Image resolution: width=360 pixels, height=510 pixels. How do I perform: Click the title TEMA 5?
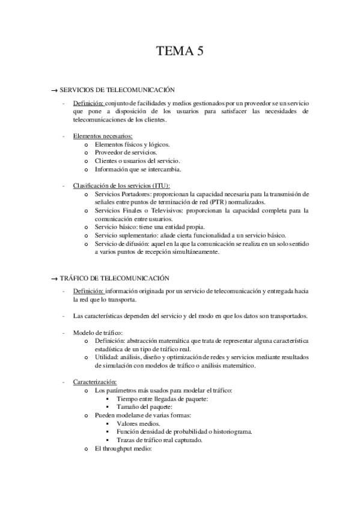180,51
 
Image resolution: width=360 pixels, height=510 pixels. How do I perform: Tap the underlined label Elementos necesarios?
99,137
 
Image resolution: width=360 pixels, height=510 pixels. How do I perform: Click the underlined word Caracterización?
95,382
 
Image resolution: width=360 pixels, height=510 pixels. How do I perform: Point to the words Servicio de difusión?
120,244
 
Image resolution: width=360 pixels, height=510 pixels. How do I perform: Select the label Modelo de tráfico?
99,332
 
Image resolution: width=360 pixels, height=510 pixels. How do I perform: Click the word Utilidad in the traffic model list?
105,357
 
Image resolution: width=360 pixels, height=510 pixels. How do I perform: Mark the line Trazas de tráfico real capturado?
159,440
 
